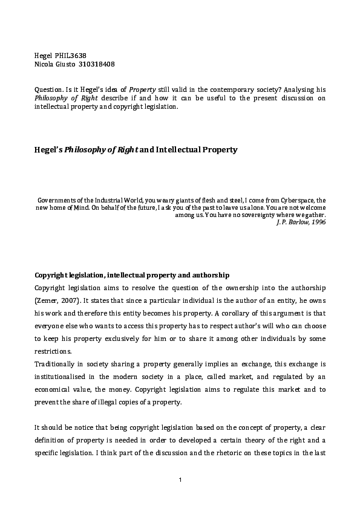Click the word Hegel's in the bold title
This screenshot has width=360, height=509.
(48, 149)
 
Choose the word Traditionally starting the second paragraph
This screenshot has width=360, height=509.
(56, 365)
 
